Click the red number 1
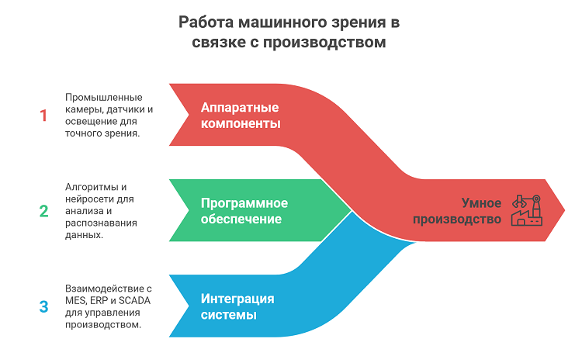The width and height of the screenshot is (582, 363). click(x=43, y=116)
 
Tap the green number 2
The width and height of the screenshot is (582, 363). click(x=43, y=211)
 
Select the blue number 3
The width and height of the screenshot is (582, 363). click(x=43, y=306)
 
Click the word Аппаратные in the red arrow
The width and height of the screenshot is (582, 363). click(x=240, y=108)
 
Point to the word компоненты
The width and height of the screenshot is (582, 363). click(x=241, y=123)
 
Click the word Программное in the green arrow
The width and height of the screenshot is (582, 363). click(x=244, y=203)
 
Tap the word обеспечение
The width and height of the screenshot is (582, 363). click(x=241, y=219)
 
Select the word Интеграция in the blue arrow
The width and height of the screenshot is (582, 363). click(x=237, y=299)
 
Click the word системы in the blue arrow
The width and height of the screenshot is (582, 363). click(x=229, y=315)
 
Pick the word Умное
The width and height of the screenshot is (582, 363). click(x=481, y=203)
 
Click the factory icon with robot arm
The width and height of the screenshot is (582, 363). click(x=527, y=210)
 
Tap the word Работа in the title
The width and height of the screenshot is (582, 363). click(x=206, y=22)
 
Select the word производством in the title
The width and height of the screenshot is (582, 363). click(x=324, y=43)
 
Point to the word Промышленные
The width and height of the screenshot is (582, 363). click(x=103, y=98)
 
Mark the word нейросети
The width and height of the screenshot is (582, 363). click(x=89, y=199)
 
